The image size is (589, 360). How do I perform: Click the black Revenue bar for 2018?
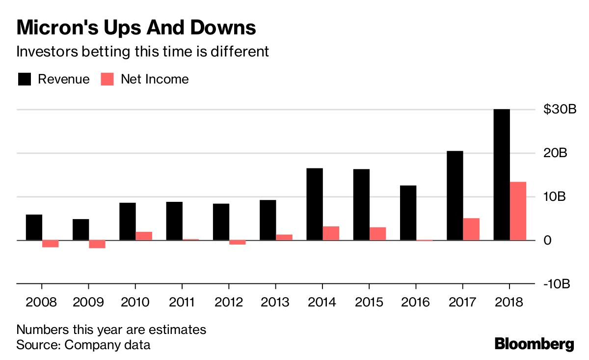[501, 174]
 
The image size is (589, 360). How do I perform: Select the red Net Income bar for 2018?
[518, 211]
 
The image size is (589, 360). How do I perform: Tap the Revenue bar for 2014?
[315, 204]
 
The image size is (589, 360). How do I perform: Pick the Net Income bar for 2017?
[471, 229]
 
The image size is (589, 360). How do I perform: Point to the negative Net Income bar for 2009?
[97, 244]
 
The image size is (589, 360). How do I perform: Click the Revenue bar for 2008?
[34, 227]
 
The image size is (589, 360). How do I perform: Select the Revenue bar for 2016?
[408, 213]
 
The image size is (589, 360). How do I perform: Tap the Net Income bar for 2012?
[238, 242]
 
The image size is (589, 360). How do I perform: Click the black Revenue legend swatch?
[25, 79]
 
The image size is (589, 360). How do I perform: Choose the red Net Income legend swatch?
[107, 79]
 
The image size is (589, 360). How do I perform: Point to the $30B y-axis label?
[559, 110]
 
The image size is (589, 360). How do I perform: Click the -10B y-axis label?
[556, 284]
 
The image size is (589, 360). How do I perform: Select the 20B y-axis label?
[555, 153]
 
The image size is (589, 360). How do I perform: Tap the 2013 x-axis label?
[275, 302]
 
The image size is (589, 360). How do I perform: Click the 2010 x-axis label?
[135, 302]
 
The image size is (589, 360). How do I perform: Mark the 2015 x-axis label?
[369, 302]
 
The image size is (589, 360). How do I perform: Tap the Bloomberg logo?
[534, 344]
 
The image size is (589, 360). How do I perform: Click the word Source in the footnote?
[37, 344]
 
